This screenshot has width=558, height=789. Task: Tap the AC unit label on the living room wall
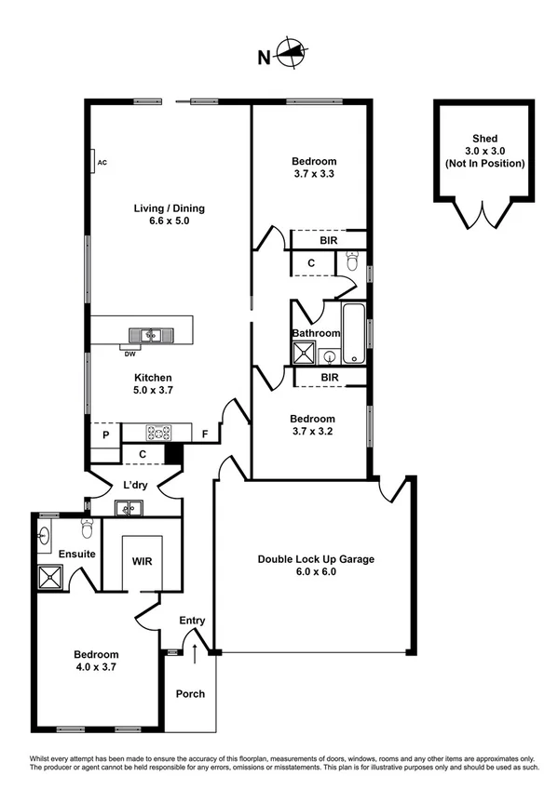tap(102, 163)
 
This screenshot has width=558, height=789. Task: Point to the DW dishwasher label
tap(129, 353)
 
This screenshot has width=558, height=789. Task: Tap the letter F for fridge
tap(205, 434)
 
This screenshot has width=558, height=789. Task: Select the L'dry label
tap(136, 484)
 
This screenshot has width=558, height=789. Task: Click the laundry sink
tap(128, 508)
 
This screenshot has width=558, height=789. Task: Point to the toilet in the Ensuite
tap(86, 529)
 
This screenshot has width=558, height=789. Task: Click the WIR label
tap(141, 562)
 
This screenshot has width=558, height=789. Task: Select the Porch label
tap(190, 694)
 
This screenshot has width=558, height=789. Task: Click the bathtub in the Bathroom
tap(355, 332)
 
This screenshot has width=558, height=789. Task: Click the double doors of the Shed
tap(480, 215)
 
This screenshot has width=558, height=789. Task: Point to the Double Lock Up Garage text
tap(316, 559)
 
